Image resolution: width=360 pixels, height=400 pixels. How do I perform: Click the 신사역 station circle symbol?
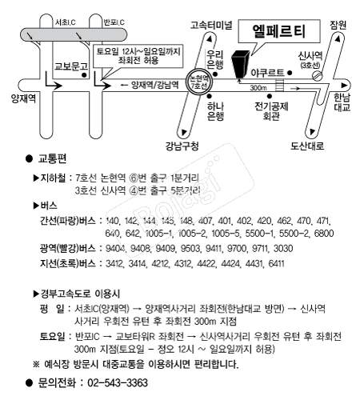(318, 74)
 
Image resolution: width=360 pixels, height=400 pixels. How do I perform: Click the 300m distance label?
(258, 86)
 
